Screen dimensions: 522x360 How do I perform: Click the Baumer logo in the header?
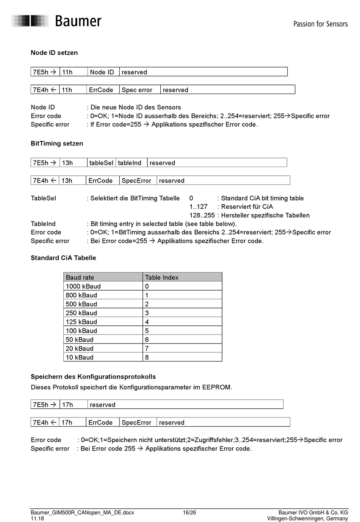(x=57, y=21)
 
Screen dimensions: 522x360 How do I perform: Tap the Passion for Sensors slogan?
(x=320, y=24)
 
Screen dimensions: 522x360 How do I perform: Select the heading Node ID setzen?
(x=54, y=53)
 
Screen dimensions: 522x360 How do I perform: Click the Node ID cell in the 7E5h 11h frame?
(x=102, y=72)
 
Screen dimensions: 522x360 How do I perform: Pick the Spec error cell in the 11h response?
(x=137, y=90)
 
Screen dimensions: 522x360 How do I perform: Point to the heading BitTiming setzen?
(x=57, y=143)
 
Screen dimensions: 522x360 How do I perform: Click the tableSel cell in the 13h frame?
(x=101, y=163)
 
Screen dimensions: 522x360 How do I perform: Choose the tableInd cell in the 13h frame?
(x=130, y=163)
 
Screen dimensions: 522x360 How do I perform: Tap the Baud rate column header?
(x=80, y=277)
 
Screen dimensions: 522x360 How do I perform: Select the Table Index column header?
(x=162, y=277)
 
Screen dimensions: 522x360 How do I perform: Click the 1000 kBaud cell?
(x=83, y=286)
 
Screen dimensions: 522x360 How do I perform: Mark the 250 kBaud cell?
(x=81, y=313)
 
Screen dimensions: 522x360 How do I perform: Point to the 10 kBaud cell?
(x=80, y=357)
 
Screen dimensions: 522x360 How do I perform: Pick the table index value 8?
(x=147, y=357)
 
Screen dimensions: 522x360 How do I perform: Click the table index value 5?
(x=147, y=331)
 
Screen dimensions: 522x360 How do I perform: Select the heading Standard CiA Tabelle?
(x=63, y=258)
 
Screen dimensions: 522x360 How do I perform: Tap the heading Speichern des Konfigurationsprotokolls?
(x=93, y=377)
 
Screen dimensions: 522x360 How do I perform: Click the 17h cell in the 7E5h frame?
(x=68, y=405)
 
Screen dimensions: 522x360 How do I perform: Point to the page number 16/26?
(x=189, y=513)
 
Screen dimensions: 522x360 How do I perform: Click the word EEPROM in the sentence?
(x=216, y=387)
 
